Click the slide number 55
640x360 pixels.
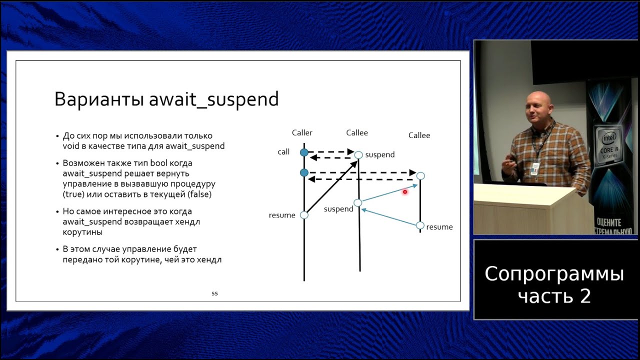tap(214, 293)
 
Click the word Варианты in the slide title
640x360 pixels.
tap(99, 99)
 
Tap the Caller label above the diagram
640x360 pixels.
tap(302, 132)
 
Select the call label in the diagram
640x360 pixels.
tap(283, 151)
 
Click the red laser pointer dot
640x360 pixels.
tap(405, 191)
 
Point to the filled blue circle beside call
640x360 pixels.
tap(304, 152)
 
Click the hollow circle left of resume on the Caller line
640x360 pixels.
tap(304, 215)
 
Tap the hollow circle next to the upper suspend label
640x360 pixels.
tap(358, 155)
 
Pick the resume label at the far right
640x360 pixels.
tap(439, 227)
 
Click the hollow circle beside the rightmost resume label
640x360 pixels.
tap(420, 225)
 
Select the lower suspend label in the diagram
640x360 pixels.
tap(338, 209)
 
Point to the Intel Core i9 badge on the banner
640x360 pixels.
tap(609, 145)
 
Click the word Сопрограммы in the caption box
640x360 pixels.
tap(554, 273)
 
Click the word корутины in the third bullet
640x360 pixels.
tap(82, 232)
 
